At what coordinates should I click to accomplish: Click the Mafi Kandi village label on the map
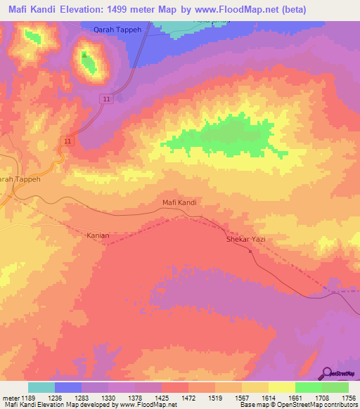point(179,202)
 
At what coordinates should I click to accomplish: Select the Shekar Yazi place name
point(245,240)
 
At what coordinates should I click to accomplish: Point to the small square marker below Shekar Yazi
point(250,251)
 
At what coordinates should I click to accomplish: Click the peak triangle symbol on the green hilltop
point(84,55)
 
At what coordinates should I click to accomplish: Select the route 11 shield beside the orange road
point(67,141)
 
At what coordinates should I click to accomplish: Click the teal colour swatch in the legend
point(41,387)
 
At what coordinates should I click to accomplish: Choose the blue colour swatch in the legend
point(68,387)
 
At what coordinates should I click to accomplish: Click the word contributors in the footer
point(340,405)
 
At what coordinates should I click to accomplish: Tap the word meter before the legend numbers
point(10,397)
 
